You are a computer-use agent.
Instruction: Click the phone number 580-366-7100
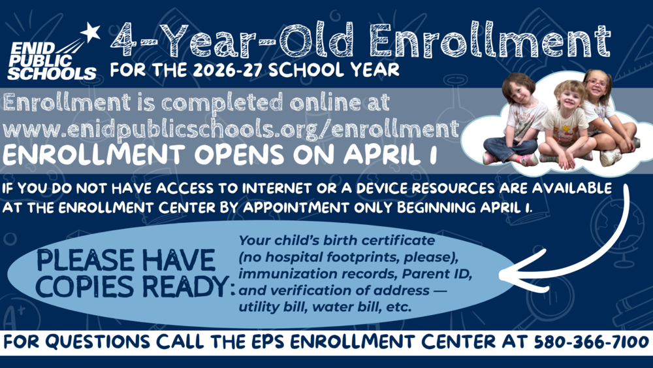tap(590, 342)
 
